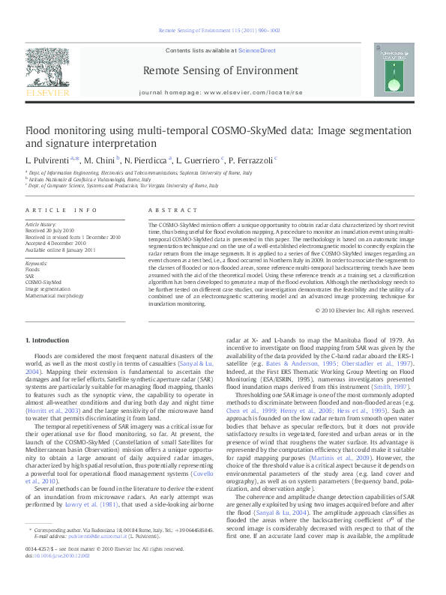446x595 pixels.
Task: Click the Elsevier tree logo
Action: coord(48,73)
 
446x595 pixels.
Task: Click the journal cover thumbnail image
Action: coord(397,73)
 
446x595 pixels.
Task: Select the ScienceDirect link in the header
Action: coord(257,51)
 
